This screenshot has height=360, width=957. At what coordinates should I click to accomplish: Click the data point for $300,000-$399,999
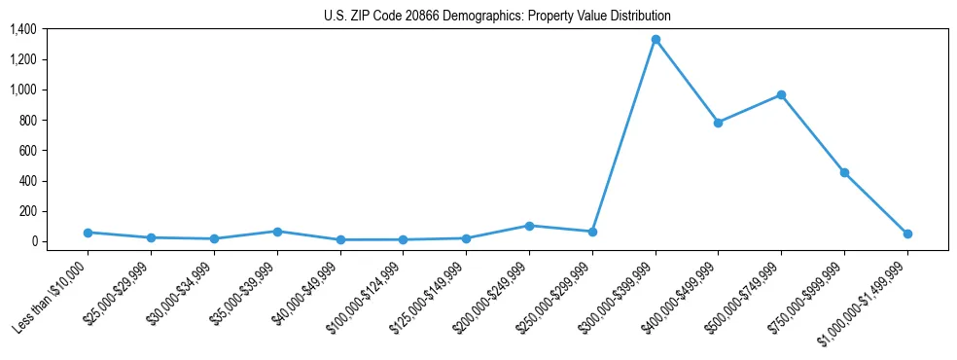click(x=656, y=40)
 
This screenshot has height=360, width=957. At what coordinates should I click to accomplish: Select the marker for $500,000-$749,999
click(x=781, y=95)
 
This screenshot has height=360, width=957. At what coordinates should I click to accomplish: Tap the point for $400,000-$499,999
click(x=718, y=123)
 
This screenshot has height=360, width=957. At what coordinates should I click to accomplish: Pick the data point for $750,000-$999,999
click(x=844, y=172)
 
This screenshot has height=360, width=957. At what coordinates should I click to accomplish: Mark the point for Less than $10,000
click(x=88, y=233)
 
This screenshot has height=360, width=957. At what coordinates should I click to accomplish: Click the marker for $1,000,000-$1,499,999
click(x=907, y=234)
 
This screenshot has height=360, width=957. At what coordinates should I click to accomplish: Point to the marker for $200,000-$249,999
click(x=529, y=226)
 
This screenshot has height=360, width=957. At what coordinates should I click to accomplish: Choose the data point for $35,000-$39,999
click(x=277, y=232)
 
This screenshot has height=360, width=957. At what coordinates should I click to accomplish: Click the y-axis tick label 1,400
click(x=22, y=29)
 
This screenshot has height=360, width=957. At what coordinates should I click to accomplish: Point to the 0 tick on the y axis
click(x=33, y=241)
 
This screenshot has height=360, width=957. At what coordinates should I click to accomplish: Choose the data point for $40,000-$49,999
click(x=340, y=239)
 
